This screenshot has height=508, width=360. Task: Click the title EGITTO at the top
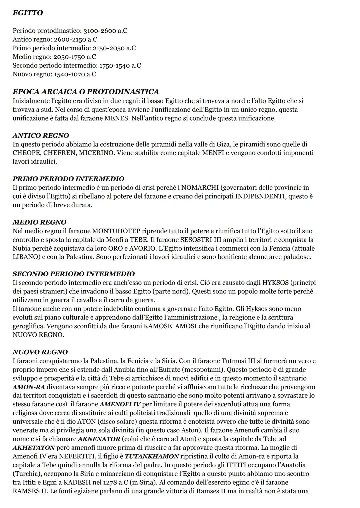click(x=28, y=13)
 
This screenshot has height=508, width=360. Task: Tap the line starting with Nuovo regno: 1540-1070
click(x=54, y=74)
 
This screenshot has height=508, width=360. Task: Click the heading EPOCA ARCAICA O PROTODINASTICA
click(x=86, y=92)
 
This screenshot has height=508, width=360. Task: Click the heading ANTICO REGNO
click(x=41, y=136)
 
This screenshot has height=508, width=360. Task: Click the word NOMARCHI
click(x=201, y=188)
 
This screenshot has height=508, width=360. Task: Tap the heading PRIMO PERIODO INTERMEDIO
click(x=68, y=179)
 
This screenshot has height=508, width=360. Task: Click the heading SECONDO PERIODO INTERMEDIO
click(x=74, y=274)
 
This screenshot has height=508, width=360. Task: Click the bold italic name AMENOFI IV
click(x=120, y=404)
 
